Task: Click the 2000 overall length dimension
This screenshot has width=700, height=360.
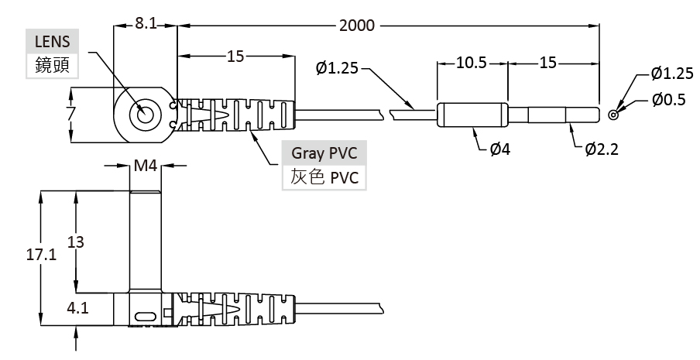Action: click(x=356, y=26)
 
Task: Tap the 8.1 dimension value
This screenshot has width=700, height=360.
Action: click(x=146, y=24)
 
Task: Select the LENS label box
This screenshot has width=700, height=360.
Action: click(x=53, y=41)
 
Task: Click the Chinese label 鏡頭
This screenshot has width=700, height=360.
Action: click(x=53, y=66)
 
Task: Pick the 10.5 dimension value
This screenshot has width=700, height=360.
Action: click(x=471, y=63)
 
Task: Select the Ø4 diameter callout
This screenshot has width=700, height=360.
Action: click(x=499, y=149)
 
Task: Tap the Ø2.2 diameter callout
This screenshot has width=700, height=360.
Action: click(x=602, y=149)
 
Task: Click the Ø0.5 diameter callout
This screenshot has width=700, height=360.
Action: click(x=668, y=100)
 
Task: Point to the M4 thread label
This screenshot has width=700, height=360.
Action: click(x=145, y=165)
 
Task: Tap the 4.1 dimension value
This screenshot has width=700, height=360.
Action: click(x=77, y=308)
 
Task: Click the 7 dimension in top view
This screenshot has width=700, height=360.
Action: click(x=70, y=115)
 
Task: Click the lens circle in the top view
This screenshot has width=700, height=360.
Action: click(x=145, y=116)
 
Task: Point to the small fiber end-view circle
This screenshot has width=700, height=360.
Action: click(x=613, y=115)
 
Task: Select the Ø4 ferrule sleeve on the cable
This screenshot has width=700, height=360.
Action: click(x=472, y=115)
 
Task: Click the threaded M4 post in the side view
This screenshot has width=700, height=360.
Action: click(x=145, y=240)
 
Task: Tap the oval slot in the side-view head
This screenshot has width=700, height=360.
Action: click(x=145, y=316)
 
